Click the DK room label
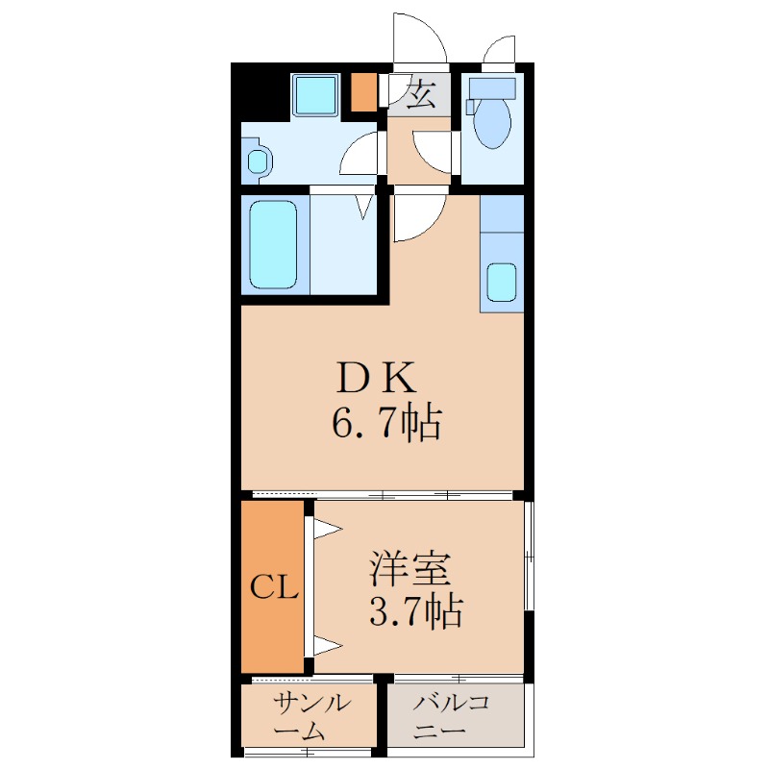pyautogui.click(x=377, y=377)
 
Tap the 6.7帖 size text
pyautogui.click(x=387, y=422)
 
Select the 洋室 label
pyautogui.click(x=410, y=569)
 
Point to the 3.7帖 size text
pyautogui.click(x=415, y=611)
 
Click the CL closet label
pyautogui.click(x=274, y=586)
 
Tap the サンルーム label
pyautogui.click(x=312, y=717)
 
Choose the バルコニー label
pyautogui.click(x=451, y=717)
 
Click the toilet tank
pyautogui.click(x=493, y=88)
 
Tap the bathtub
pyautogui.click(x=273, y=245)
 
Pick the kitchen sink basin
pyautogui.click(x=502, y=283)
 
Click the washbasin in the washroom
pyautogui.click(x=258, y=161)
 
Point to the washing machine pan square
pyautogui.click(x=316, y=94)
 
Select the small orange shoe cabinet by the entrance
pyautogui.click(x=364, y=92)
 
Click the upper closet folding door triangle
pyautogui.click(x=328, y=529)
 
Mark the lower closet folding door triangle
pyautogui.click(x=328, y=645)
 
